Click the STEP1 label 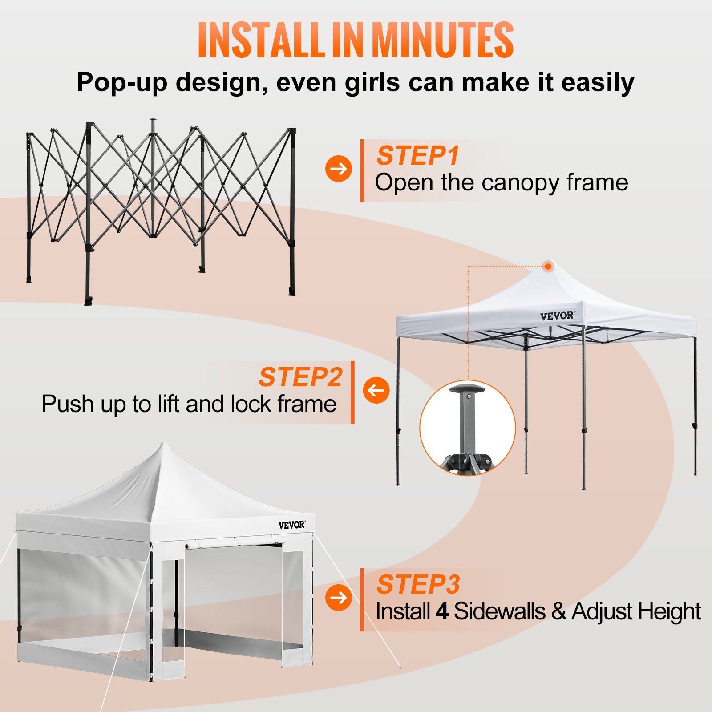417,155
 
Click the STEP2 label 300,377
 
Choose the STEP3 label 418,584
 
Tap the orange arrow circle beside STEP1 338,169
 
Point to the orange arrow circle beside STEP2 376,390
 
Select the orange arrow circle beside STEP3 338,598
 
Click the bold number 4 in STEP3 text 441,611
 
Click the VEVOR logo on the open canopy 557,316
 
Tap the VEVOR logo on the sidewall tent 291,525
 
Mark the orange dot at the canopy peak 548,267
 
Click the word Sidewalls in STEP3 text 499,611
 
